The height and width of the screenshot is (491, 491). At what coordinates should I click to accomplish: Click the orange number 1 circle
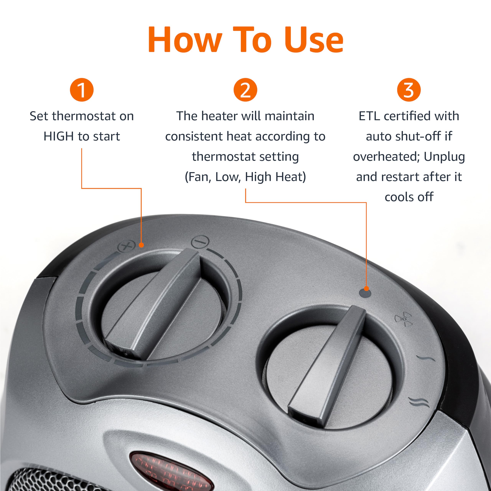tap(82, 90)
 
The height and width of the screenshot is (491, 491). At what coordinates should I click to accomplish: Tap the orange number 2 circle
tap(245, 90)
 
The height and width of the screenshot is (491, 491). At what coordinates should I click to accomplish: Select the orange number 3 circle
tap(409, 90)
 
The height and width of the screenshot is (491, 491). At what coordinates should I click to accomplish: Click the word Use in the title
tap(314, 40)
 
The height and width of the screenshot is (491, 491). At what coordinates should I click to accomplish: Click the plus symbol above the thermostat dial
tap(127, 246)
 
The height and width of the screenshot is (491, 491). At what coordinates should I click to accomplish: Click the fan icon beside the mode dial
tap(403, 319)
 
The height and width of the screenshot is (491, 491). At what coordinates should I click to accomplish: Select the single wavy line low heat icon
tap(425, 358)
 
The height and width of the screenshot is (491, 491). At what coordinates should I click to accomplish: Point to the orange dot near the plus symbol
tap(142, 245)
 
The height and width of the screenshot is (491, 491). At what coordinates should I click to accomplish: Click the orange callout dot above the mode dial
tap(366, 288)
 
